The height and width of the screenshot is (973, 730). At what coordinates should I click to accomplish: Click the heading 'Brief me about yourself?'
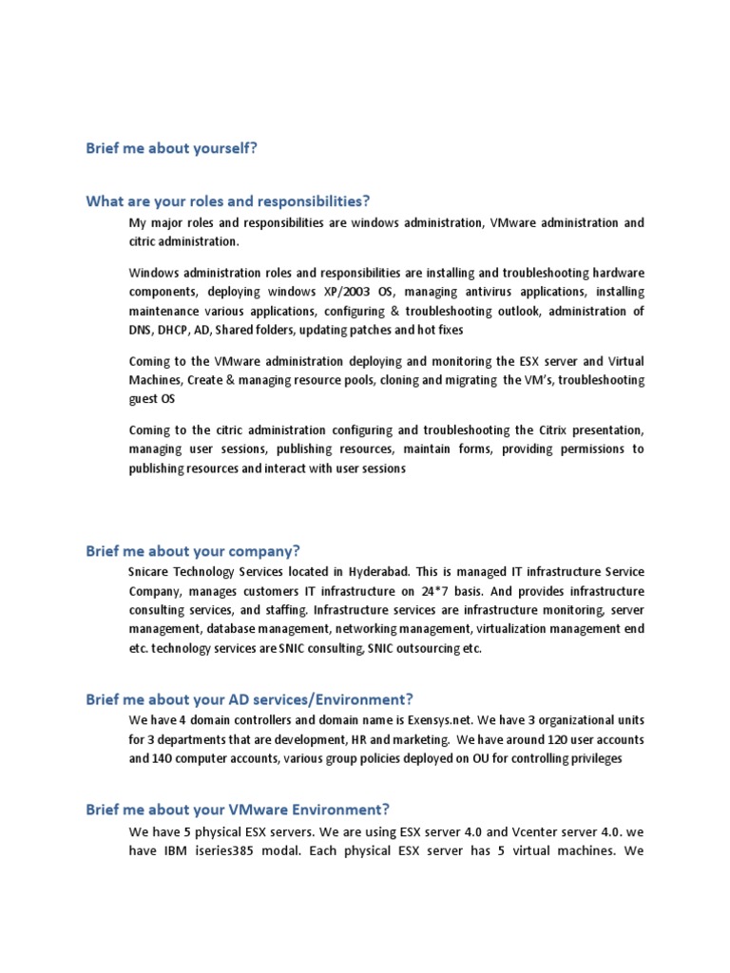(171, 149)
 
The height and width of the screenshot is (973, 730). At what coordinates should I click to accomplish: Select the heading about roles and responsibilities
(228, 200)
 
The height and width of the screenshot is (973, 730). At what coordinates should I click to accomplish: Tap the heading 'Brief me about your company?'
(193, 551)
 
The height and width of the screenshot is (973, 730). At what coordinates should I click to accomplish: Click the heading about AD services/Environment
(249, 698)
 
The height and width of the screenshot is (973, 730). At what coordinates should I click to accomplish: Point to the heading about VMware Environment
(238, 810)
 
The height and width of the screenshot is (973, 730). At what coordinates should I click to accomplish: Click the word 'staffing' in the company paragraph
(282, 609)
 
